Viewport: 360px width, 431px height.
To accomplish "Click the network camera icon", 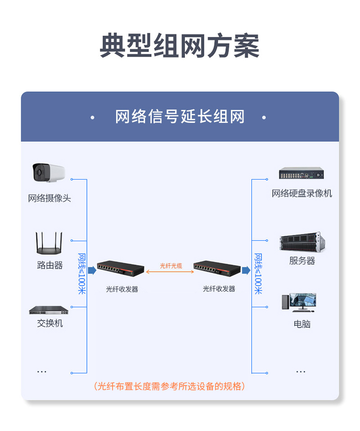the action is [49, 172].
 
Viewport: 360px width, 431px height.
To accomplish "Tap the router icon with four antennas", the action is [49, 243].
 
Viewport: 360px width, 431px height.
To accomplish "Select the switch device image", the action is [49, 310].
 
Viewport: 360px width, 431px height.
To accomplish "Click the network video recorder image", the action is [301, 173].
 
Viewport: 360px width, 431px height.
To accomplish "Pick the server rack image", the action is [302, 242].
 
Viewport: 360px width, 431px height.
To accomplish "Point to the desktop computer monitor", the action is [302, 301].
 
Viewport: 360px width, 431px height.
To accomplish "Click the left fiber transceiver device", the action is [121, 268].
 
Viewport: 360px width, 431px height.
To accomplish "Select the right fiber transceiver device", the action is [217, 268].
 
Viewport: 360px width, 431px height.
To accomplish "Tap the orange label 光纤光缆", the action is [171, 266].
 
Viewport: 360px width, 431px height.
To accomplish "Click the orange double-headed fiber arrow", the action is [170, 272].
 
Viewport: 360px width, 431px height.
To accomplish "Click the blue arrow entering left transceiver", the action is [92, 270].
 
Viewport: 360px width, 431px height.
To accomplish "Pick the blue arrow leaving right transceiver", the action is [246, 270].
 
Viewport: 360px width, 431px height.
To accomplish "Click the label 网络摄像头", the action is [49, 198].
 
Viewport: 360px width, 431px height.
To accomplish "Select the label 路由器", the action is [50, 265].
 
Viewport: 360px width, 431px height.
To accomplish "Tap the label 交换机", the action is [50, 323].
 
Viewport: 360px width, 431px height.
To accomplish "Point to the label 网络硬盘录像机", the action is [301, 193].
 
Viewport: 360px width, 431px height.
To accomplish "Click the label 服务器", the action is [302, 261].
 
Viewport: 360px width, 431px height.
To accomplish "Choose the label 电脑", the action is [302, 324].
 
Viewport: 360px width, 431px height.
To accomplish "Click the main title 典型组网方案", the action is [180, 45].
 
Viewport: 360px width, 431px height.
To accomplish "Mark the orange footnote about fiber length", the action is [169, 386].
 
